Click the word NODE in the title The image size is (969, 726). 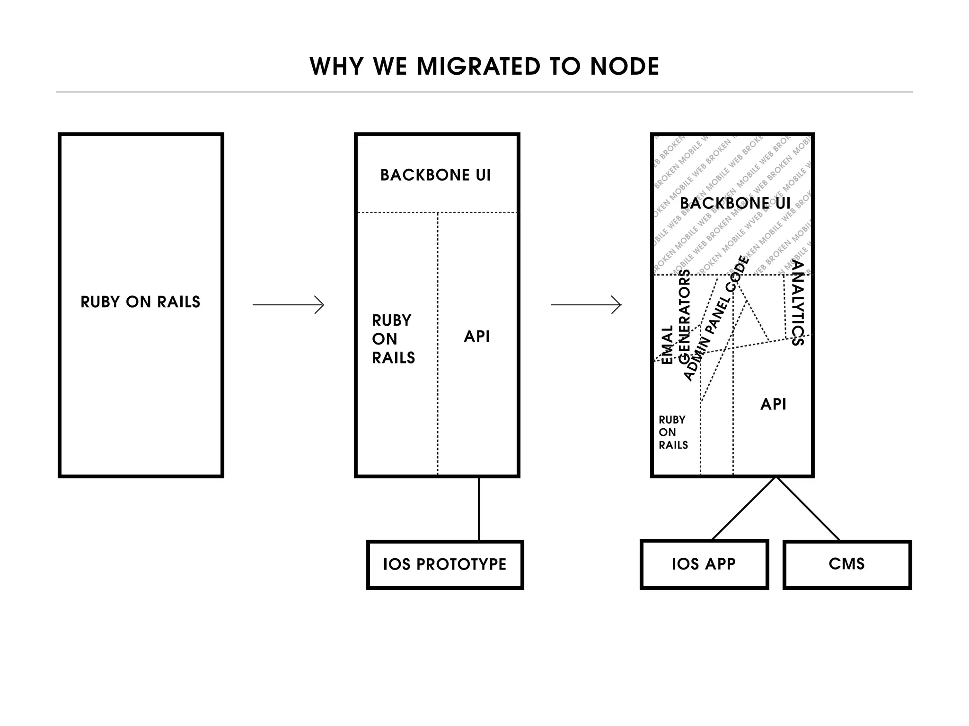(x=625, y=66)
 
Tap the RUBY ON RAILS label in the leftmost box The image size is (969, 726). (x=141, y=302)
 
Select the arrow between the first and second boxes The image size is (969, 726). (x=288, y=305)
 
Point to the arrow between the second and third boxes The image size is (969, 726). (x=586, y=305)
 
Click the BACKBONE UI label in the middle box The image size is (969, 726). (x=436, y=175)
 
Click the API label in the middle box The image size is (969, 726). (x=477, y=337)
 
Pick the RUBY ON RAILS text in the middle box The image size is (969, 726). (x=393, y=339)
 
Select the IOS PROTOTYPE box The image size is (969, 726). (x=445, y=564)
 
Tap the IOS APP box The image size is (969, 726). (x=704, y=564)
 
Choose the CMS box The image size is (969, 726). (x=846, y=564)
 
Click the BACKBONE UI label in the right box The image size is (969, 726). (x=735, y=204)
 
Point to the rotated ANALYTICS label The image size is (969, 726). (x=798, y=303)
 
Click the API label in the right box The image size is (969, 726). (x=773, y=405)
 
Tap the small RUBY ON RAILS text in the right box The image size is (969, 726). (x=673, y=432)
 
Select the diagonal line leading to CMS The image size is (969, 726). (x=808, y=509)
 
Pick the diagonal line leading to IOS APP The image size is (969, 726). (x=744, y=509)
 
